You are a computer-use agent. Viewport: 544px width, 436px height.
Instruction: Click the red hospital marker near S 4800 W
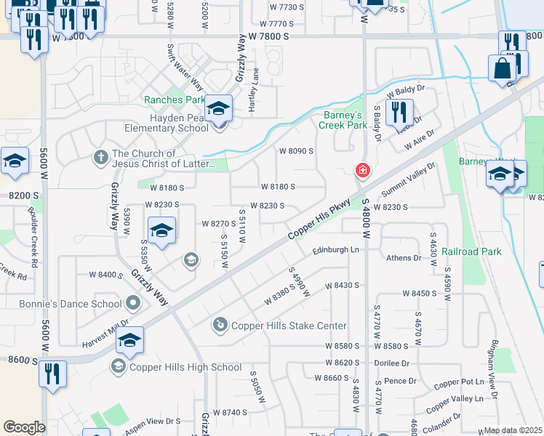pyautogui.click(x=361, y=171)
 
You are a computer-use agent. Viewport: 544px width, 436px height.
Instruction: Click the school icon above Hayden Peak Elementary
pyautogui.click(x=218, y=109)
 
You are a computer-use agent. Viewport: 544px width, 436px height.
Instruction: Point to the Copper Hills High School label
pyautogui.click(x=185, y=367)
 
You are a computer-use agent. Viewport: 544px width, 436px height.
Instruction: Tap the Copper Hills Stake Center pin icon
pyautogui.click(x=220, y=326)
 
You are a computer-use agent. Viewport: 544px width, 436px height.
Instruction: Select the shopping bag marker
pyautogui.click(x=502, y=70)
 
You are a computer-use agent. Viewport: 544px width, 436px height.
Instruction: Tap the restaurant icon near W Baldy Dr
pyautogui.click(x=399, y=112)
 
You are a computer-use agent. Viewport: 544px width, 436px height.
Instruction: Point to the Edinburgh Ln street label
pyautogui.click(x=336, y=250)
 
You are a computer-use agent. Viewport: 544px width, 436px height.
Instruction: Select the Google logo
pyautogui.click(x=24, y=427)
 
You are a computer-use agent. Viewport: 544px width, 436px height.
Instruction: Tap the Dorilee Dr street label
pyautogui.click(x=392, y=363)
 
